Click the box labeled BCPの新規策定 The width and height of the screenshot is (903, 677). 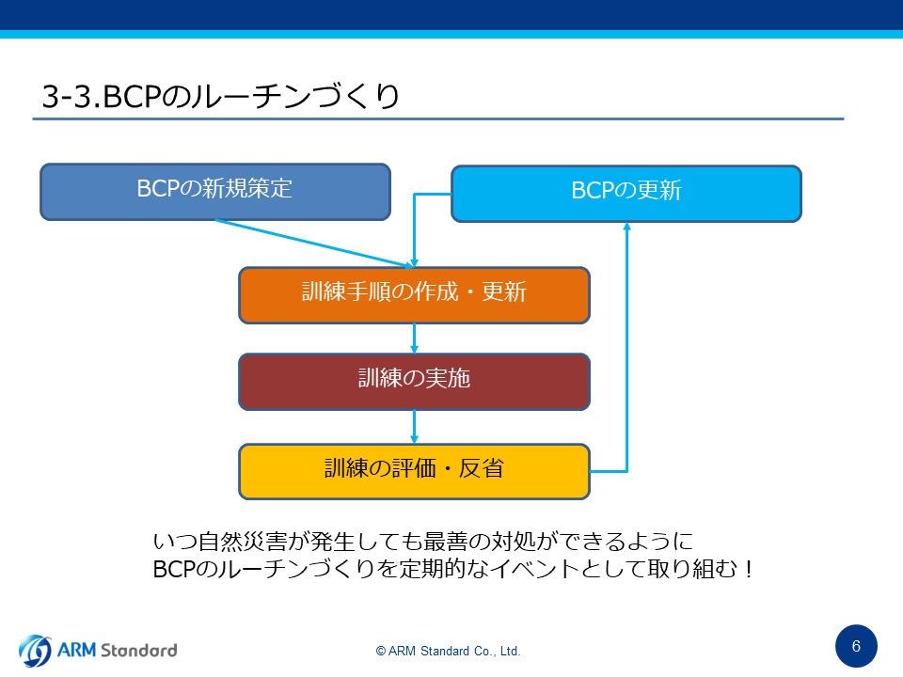[215, 192]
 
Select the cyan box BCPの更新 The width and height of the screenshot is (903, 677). [626, 194]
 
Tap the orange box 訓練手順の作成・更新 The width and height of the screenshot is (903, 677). [414, 294]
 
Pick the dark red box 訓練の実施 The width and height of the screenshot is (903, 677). [414, 382]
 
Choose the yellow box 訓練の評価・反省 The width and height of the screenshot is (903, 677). [414, 471]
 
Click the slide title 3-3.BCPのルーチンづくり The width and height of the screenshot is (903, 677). [220, 96]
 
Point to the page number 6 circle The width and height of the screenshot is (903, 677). [856, 646]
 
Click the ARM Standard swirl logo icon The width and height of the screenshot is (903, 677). [35, 651]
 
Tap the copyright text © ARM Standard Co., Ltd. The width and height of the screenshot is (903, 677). [448, 651]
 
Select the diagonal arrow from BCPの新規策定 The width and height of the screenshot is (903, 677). [314, 244]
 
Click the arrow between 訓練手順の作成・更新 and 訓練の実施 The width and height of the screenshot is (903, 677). [414, 338]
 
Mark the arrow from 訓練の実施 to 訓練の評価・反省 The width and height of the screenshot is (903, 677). [414, 427]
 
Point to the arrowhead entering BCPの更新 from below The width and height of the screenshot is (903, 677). [627, 227]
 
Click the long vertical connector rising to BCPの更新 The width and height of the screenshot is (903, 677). [627, 347]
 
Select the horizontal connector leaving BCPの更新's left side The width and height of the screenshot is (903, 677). [433, 194]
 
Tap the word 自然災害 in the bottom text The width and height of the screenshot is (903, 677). [242, 542]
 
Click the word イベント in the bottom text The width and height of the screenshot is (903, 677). [535, 569]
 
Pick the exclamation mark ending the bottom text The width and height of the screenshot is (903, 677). [748, 569]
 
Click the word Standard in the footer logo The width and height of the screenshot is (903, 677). [139, 651]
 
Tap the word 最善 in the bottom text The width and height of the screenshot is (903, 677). [445, 542]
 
